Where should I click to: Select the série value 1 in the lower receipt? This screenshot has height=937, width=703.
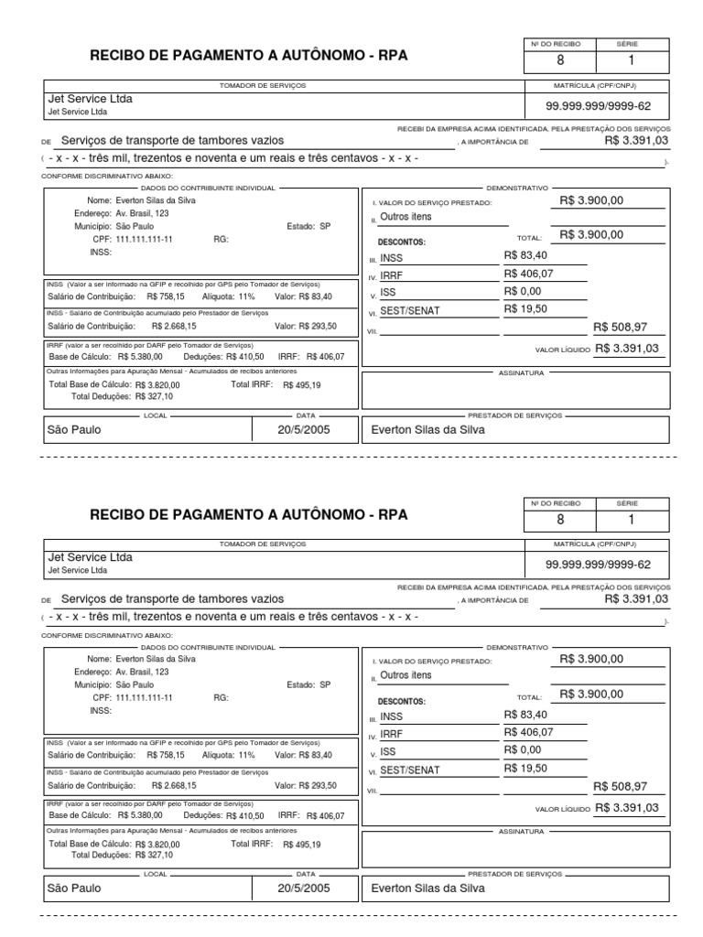[630, 521]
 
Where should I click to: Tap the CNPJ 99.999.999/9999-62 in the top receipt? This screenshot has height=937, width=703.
[598, 106]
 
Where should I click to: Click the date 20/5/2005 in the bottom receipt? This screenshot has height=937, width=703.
[304, 888]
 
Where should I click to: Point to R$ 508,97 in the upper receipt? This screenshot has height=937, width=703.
[620, 327]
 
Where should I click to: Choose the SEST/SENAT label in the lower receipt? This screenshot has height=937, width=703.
[409, 770]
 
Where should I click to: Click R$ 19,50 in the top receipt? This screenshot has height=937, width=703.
[525, 309]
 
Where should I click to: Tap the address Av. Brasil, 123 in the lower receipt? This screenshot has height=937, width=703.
[143, 671]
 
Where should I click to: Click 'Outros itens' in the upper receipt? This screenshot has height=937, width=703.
[406, 217]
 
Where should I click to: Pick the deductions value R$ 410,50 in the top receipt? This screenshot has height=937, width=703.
[243, 357]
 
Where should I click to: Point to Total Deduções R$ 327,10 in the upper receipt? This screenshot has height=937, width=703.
[123, 396]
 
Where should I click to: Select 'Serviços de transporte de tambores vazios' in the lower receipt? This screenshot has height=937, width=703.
[172, 599]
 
